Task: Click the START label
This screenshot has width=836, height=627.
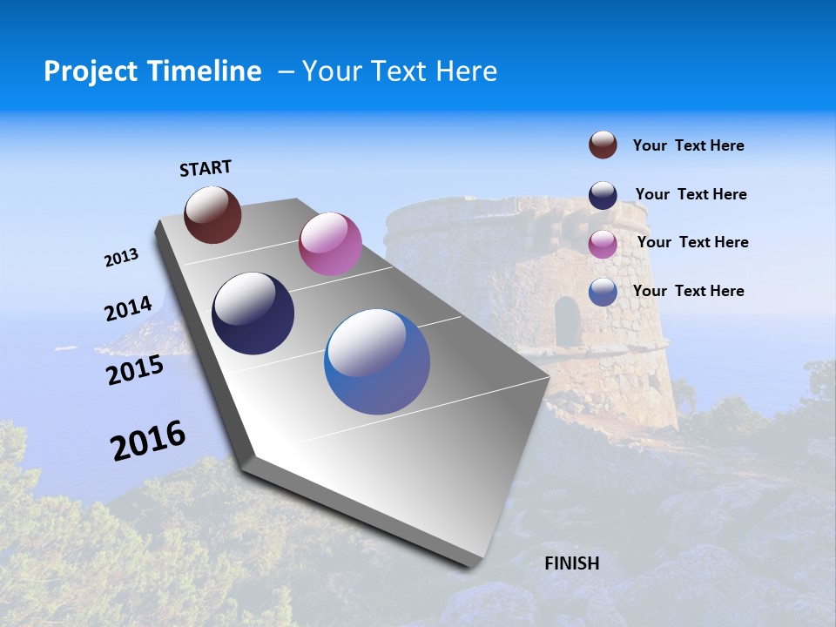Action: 206,168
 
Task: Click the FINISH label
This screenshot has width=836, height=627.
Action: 571,563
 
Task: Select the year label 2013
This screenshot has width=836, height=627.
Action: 121,258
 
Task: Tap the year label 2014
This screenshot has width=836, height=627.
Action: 128,309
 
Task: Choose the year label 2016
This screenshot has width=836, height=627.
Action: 148,441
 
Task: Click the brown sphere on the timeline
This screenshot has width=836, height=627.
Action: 212,215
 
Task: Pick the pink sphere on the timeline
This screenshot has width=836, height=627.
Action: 330,244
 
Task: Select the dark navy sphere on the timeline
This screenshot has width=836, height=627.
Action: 253,313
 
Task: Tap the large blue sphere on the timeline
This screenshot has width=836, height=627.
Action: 377,361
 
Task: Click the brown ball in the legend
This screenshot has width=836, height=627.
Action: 603,145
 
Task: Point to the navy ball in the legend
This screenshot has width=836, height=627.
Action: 603,194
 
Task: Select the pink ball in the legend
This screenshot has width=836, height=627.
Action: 603,243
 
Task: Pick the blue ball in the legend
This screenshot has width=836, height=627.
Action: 603,292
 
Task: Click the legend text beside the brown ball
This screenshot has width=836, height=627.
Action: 688,146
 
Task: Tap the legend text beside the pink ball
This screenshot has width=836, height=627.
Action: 692,242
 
